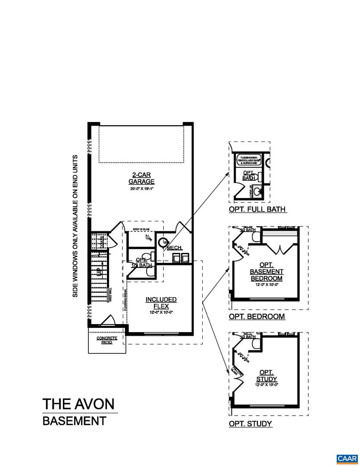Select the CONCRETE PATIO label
tap(106, 340)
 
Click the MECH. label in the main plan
tap(175, 248)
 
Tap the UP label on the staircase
tap(99, 271)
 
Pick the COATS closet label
tap(102, 242)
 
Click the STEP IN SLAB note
tap(141, 230)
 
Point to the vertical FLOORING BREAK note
tap(125, 299)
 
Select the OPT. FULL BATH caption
tap(257, 210)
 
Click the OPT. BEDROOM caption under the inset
tap(257, 316)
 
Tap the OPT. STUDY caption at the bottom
tap(250, 424)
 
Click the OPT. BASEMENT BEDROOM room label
tap(266, 271)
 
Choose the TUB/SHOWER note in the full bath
tap(249, 160)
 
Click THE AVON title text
tap(78, 404)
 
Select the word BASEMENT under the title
tap(74, 421)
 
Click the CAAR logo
tap(347, 458)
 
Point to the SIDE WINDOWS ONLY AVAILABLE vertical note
tap(75, 226)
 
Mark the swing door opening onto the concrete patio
tap(106, 321)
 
